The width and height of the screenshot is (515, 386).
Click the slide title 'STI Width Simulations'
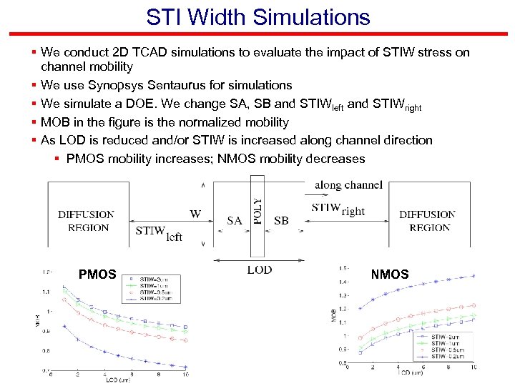(257, 16)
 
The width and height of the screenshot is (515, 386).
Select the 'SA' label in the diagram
(235, 221)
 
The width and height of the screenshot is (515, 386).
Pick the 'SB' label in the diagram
(281, 221)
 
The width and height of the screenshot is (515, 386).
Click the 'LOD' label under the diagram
(259, 270)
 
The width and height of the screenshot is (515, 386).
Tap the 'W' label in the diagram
(195, 213)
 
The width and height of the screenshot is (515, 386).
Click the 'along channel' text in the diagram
(348, 185)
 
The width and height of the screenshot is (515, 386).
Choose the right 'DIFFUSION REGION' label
(428, 221)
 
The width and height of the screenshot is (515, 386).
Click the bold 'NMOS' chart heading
(390, 274)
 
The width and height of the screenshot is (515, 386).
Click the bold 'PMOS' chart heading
(97, 274)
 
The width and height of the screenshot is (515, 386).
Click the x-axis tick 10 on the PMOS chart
(186, 376)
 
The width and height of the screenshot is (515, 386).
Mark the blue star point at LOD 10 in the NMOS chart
(474, 275)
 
